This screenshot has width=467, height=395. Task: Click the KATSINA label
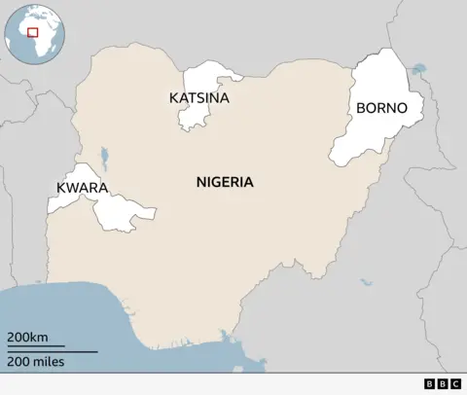click(198, 98)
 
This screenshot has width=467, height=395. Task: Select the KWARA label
click(82, 187)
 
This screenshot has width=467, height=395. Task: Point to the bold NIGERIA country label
click(225, 182)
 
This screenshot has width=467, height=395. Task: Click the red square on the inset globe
click(32, 32)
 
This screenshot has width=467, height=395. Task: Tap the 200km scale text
click(27, 337)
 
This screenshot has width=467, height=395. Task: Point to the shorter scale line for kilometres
click(35, 346)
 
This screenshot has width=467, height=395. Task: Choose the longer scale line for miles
click(52, 350)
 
